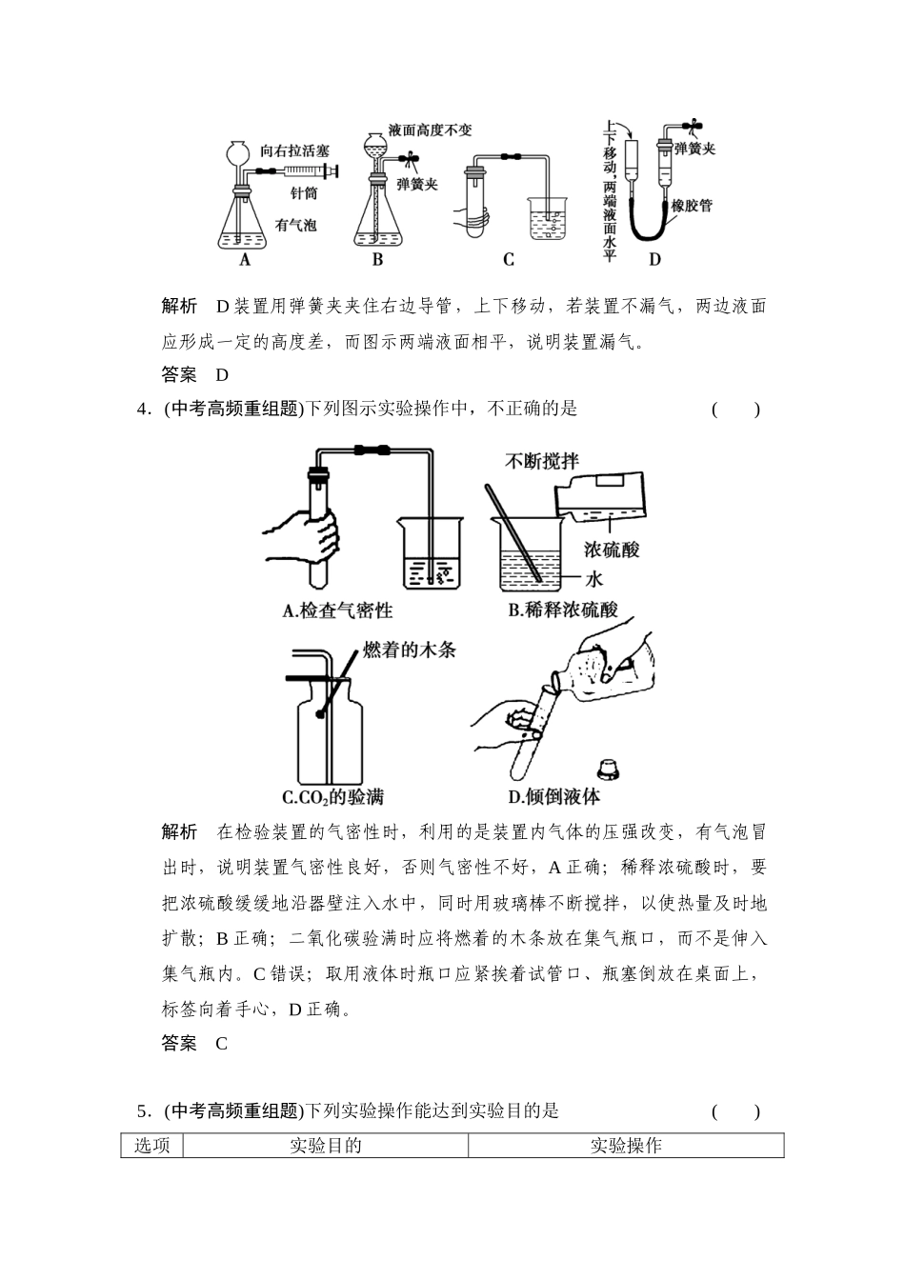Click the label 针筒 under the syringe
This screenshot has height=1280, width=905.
pyautogui.click(x=304, y=192)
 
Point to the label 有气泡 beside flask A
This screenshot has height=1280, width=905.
pyautogui.click(x=295, y=226)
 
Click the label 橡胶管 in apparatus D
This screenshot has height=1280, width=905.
pyautogui.click(x=693, y=204)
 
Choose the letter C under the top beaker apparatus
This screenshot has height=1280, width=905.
pyautogui.click(x=508, y=259)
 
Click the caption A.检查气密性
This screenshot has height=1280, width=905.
pyautogui.click(x=338, y=610)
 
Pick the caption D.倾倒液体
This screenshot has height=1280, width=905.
pyautogui.click(x=553, y=797)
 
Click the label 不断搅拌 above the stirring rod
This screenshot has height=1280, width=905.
pyautogui.click(x=542, y=461)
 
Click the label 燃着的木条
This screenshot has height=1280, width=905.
pyautogui.click(x=410, y=650)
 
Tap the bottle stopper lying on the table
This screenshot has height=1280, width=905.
pyautogui.click(x=605, y=767)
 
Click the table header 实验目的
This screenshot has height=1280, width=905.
pyautogui.click(x=325, y=1146)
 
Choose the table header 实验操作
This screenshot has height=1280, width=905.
pyautogui.click(x=626, y=1146)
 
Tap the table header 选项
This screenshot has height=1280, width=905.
pyautogui.click(x=151, y=1146)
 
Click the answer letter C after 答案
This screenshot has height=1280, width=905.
pyautogui.click(x=221, y=1043)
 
